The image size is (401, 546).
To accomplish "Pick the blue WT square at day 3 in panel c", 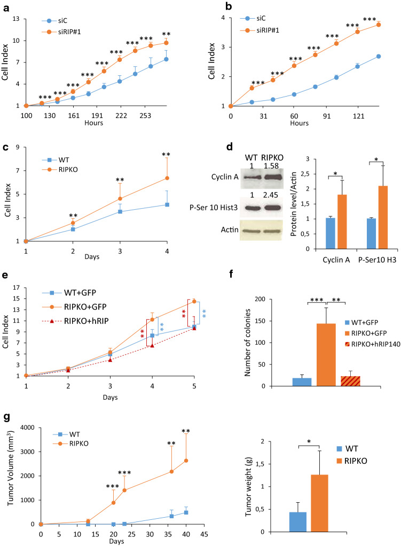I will [x=120, y=211].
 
